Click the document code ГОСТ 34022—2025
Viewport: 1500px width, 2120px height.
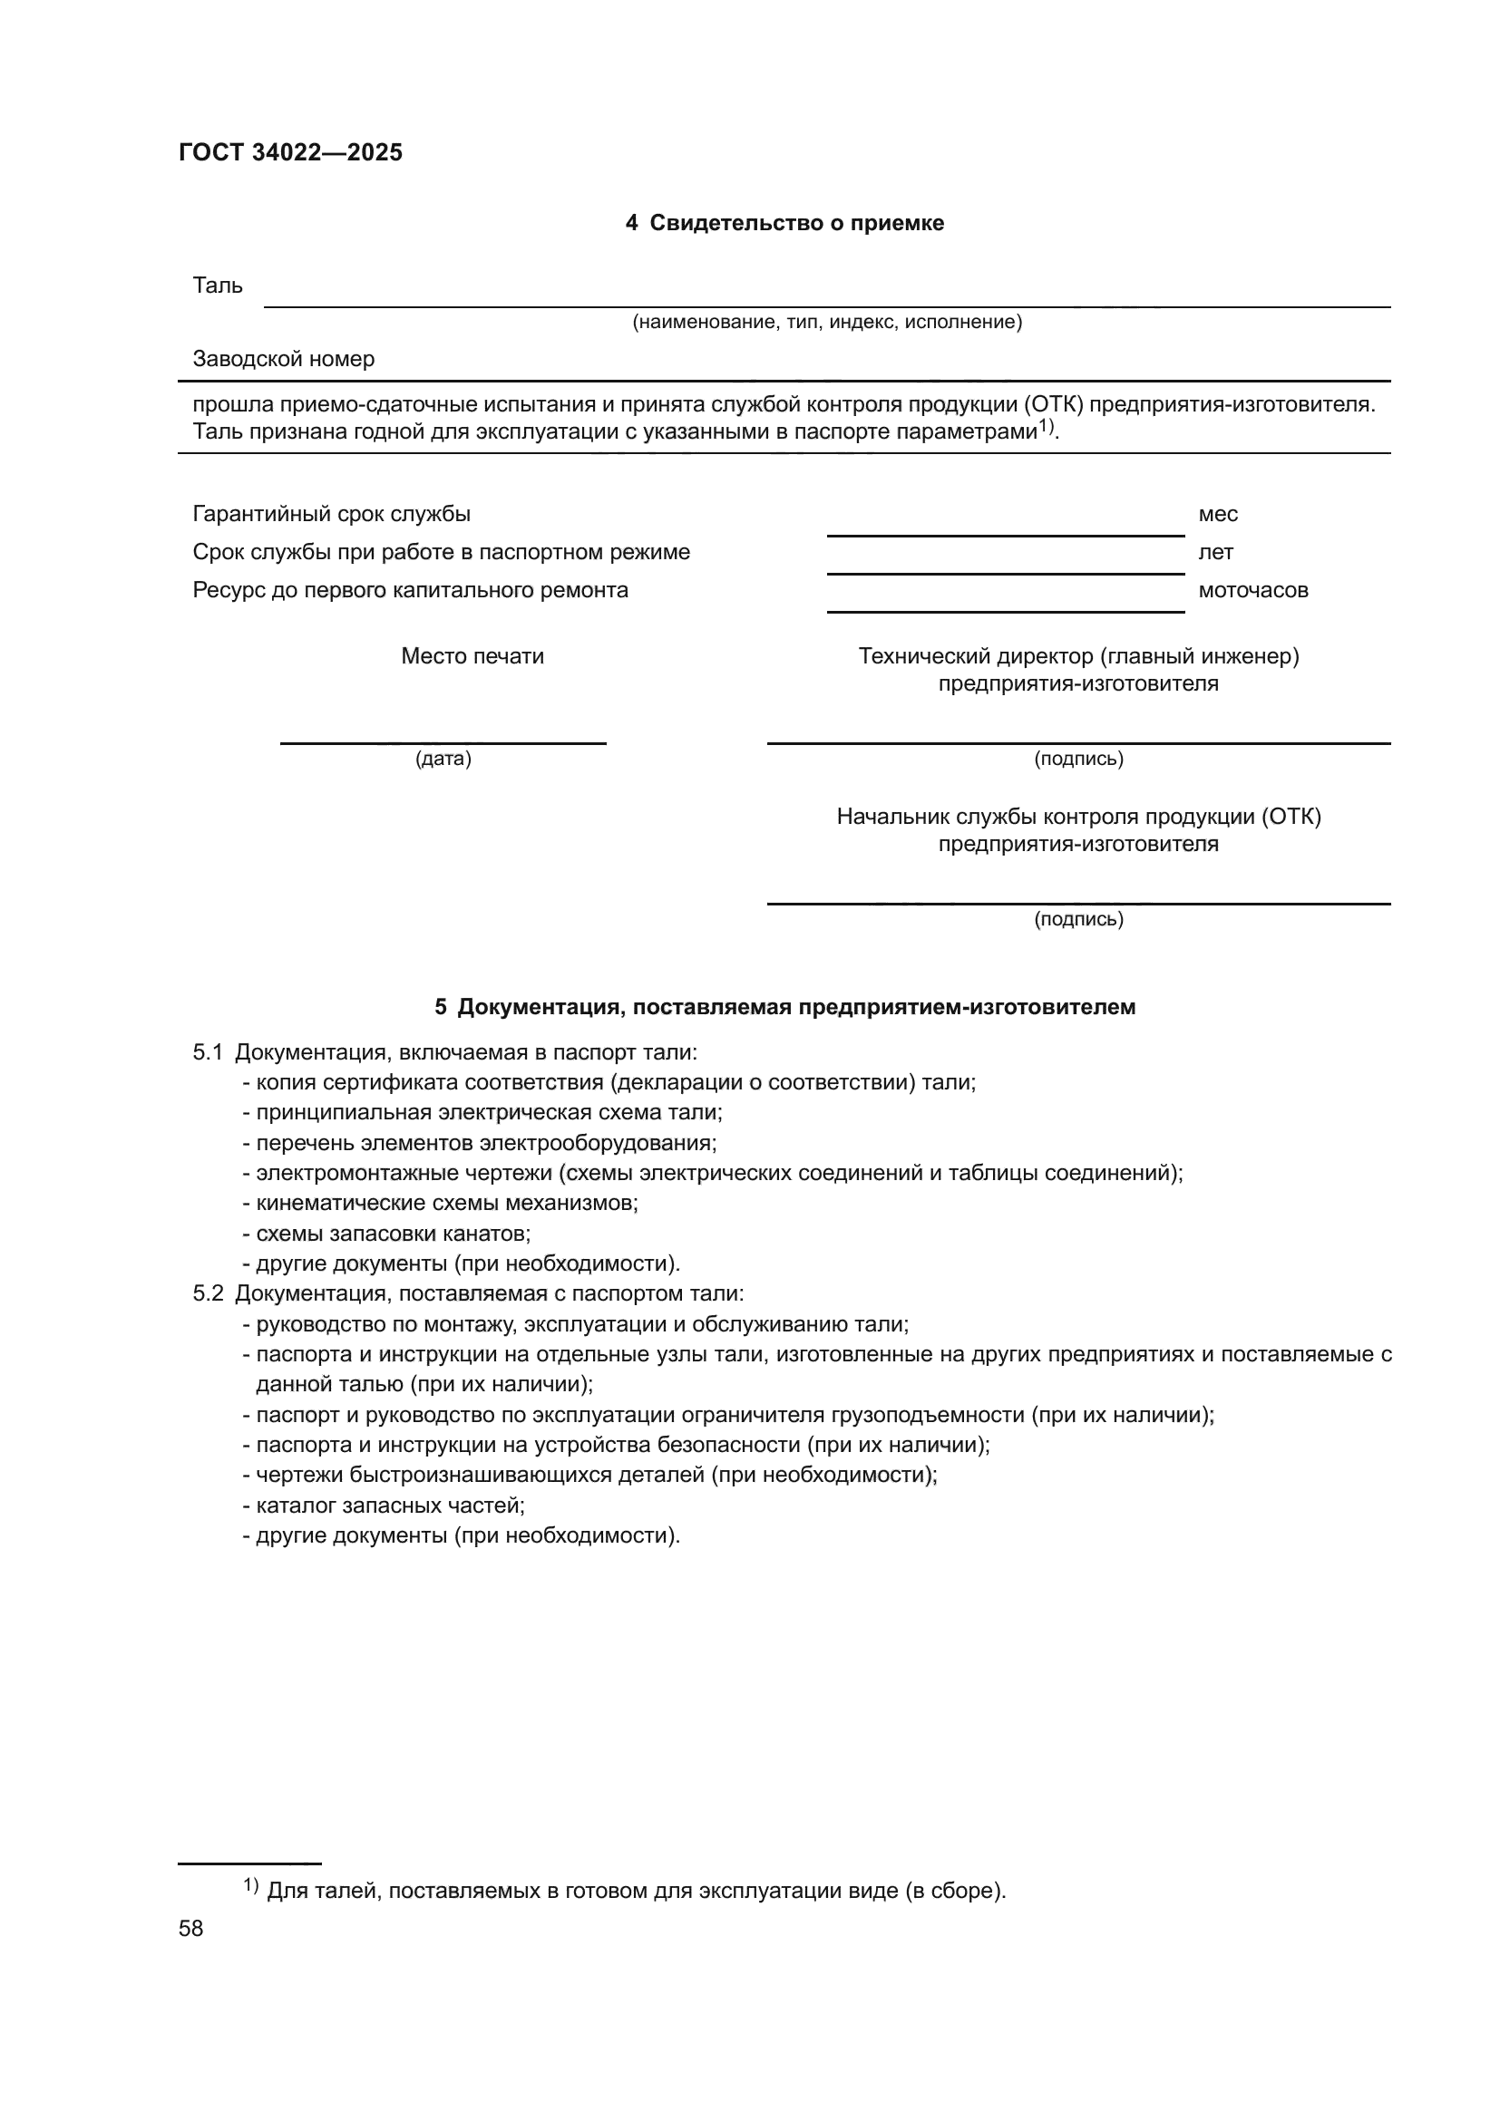coord(291,152)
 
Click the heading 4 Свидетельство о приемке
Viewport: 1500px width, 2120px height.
coord(784,224)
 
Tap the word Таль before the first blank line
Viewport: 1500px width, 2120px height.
coord(218,286)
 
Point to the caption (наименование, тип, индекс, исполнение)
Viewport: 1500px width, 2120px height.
coord(827,323)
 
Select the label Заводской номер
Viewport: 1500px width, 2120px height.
coord(284,359)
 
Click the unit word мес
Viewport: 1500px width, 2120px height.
coord(1217,514)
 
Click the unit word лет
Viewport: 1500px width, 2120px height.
coord(1215,552)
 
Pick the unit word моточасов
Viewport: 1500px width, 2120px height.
coord(1252,590)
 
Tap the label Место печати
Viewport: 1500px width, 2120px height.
coord(472,656)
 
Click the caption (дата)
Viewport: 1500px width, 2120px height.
coord(443,759)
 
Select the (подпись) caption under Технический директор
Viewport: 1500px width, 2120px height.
coord(1078,759)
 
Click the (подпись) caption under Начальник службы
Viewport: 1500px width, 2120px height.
coord(1078,919)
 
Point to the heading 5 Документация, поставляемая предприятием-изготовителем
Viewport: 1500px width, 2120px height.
coord(784,1007)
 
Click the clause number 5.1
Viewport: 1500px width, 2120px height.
coord(208,1052)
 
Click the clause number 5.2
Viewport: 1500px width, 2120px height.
coord(208,1293)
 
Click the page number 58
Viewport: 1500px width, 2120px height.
coord(190,1929)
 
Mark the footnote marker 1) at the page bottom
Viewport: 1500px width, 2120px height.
coord(250,1885)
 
